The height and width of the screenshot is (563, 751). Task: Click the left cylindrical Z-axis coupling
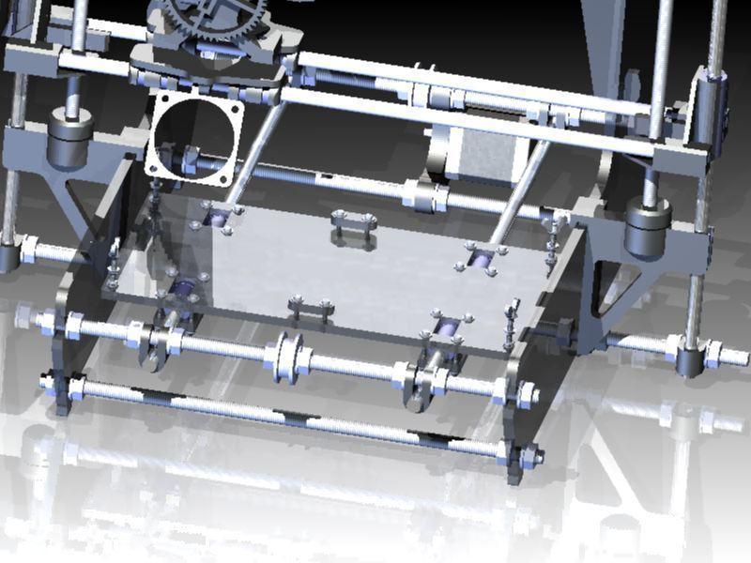point(69,133)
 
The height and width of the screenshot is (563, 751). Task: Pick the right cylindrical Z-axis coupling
point(647,231)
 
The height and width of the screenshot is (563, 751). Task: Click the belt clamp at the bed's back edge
point(353,225)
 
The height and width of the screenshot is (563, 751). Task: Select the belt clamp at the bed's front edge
point(311,308)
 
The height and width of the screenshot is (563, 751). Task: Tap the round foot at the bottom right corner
point(692,361)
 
